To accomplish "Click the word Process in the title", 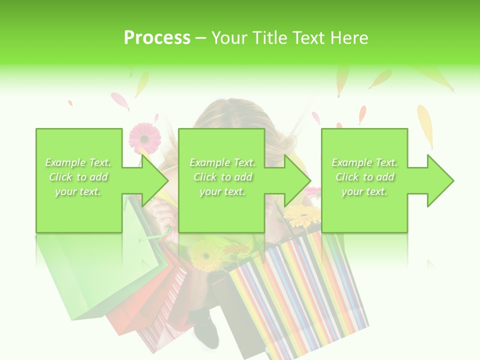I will coord(157,38).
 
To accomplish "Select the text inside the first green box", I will coord(78,177).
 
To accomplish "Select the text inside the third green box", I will coord(364,177).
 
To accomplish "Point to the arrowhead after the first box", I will coord(155,180).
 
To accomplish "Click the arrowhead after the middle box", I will coord(298,180).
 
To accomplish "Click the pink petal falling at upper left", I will coord(120,100).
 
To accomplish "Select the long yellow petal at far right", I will coord(425,125).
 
